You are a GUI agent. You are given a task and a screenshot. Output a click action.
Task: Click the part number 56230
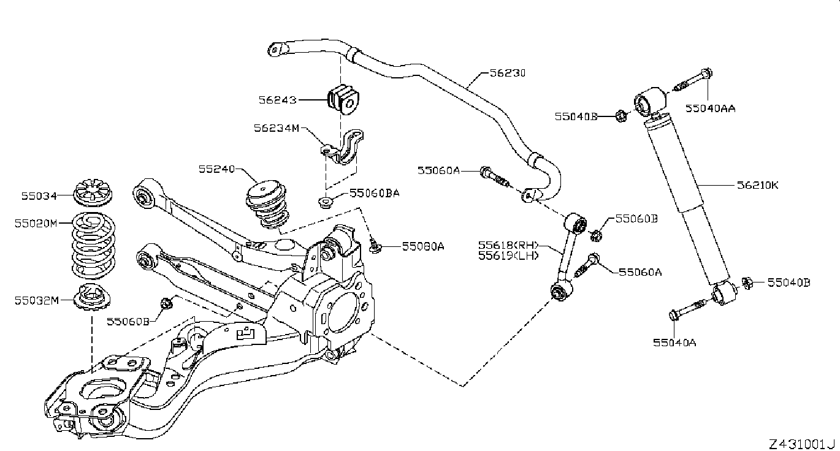tap(508, 73)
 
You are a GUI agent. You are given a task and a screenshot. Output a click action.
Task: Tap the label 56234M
tap(277, 128)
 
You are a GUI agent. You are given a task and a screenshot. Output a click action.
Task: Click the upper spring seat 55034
tap(92, 192)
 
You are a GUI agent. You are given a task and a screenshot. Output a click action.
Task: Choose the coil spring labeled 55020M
tap(93, 246)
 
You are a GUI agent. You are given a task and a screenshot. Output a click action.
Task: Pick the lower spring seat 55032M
tap(91, 297)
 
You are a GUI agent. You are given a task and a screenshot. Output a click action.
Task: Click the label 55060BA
tap(374, 193)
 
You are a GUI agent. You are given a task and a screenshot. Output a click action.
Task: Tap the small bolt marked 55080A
tap(375, 245)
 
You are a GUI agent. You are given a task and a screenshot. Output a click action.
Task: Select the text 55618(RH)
tap(508, 245)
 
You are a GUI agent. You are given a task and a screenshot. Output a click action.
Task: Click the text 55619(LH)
tap(508, 256)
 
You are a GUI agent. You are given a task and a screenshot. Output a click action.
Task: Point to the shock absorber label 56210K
tap(757, 185)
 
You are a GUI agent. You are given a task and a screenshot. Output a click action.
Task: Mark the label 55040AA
tap(710, 108)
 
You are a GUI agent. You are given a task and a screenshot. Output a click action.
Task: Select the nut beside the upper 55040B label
tap(621, 116)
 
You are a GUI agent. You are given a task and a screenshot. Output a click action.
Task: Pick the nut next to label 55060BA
tap(325, 202)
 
